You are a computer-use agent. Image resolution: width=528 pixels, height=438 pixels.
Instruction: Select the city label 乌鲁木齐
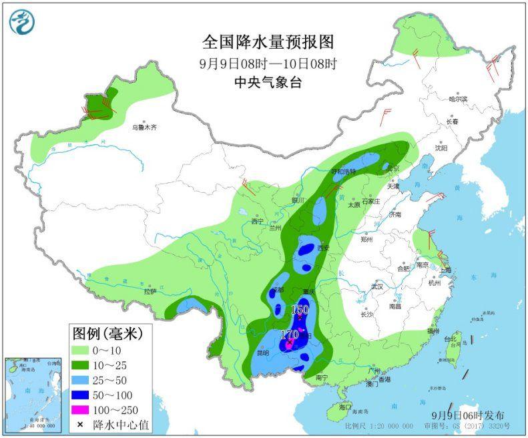click(144, 127)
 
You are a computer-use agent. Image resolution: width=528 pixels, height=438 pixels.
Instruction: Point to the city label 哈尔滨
click(458, 99)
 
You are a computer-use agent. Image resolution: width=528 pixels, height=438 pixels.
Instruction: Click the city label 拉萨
click(150, 292)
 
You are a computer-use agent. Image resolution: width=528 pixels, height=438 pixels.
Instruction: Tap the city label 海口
click(344, 406)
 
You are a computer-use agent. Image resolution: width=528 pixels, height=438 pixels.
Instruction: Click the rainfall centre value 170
click(289, 334)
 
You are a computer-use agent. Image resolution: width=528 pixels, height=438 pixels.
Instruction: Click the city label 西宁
click(258, 222)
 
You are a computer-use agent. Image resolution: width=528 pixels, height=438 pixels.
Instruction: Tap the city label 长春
click(452, 122)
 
